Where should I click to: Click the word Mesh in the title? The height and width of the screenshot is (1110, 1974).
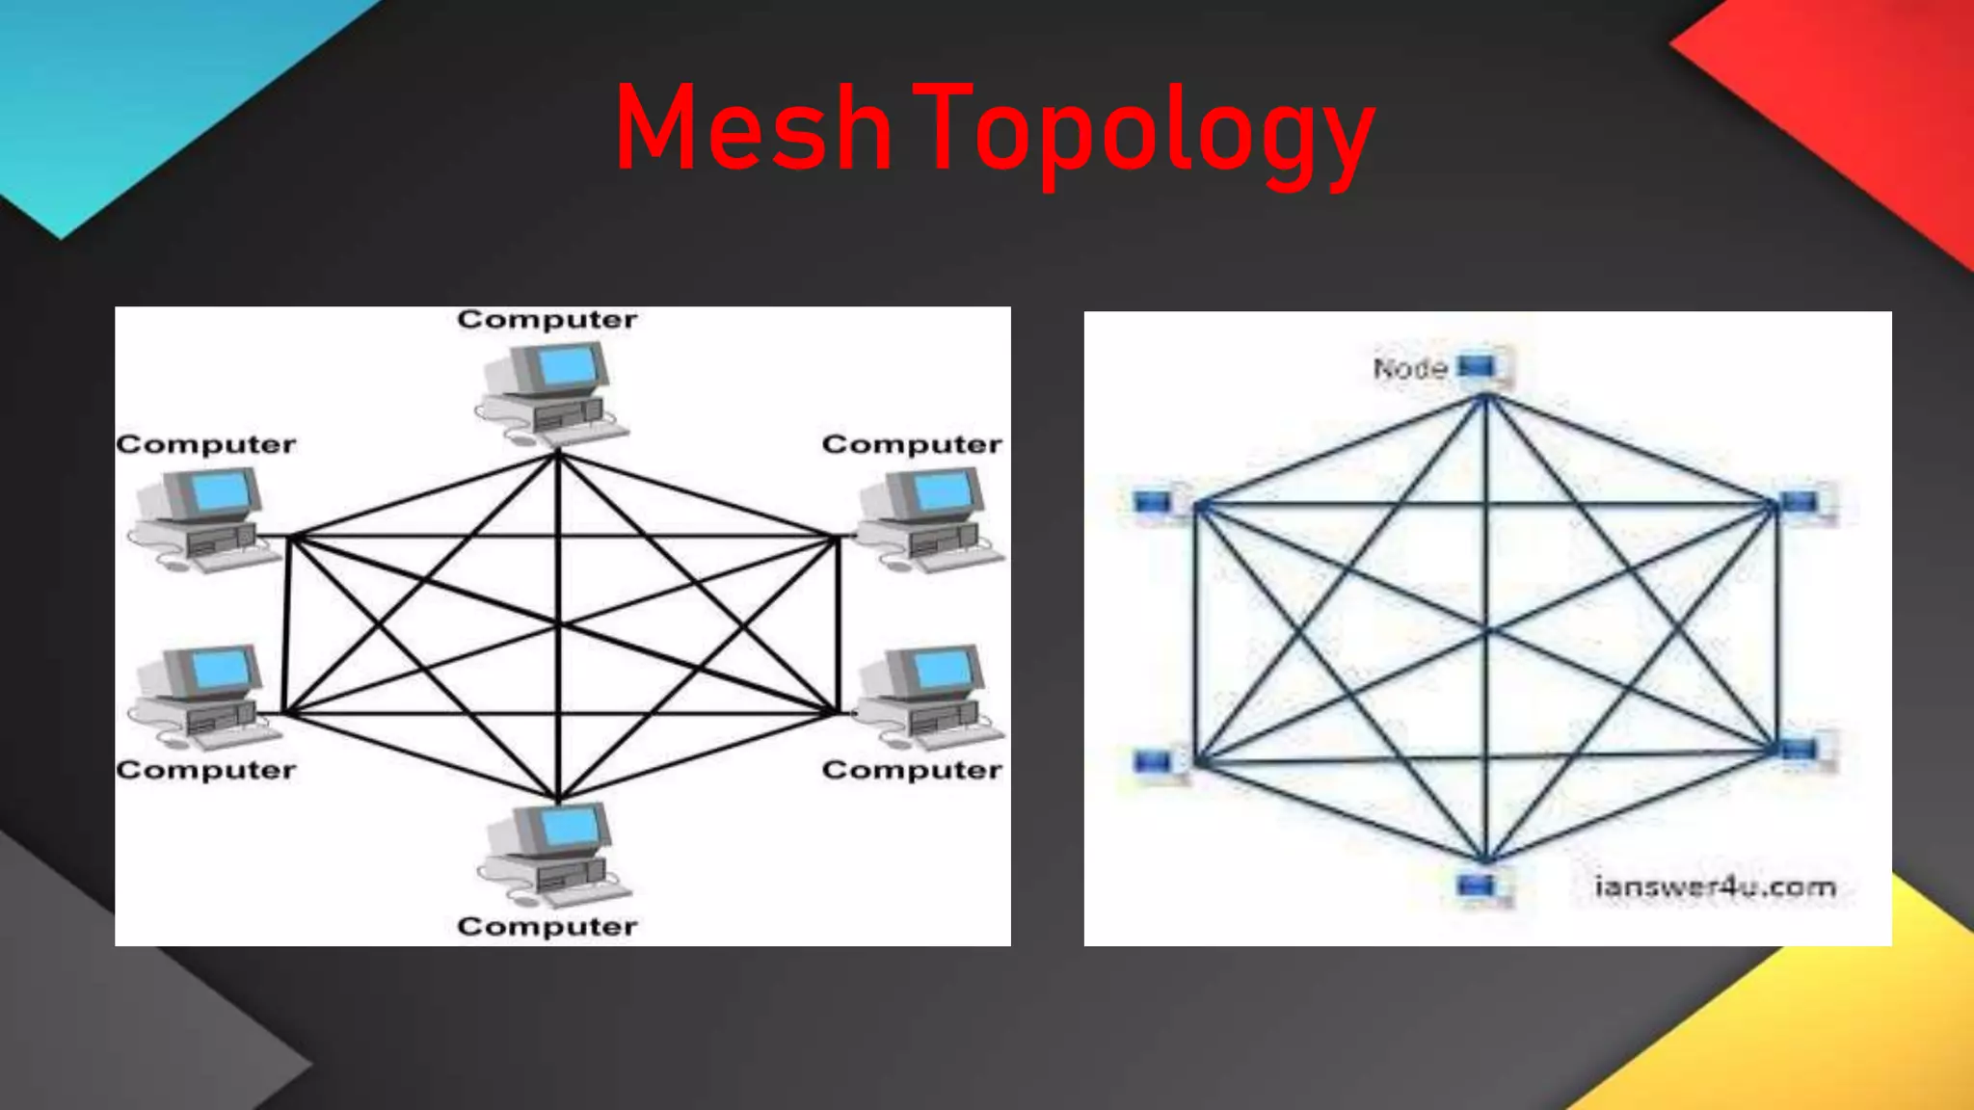coord(753,129)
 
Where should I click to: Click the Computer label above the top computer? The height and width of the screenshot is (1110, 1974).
coord(547,320)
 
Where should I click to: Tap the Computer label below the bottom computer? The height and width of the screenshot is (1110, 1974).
coord(547,927)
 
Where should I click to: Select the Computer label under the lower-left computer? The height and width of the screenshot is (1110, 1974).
coord(206,771)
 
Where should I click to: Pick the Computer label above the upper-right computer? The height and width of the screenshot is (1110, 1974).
coord(912,444)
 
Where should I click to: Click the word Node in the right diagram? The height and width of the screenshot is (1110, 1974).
coord(1410,368)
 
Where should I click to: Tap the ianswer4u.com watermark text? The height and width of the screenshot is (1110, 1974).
coord(1715,886)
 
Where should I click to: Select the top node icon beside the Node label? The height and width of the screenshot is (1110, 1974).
coord(1480,367)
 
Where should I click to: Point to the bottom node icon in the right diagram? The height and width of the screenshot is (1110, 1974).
coord(1478,885)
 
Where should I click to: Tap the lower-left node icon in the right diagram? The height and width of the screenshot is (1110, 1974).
coord(1155,762)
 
